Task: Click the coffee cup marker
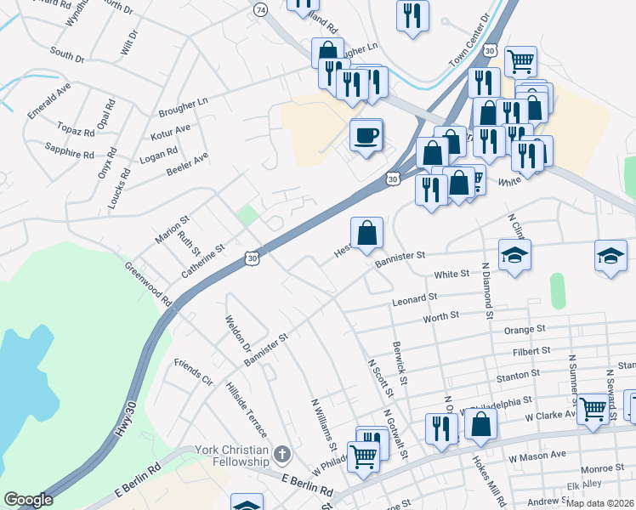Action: coord(366,136)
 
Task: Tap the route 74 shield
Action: coord(260,8)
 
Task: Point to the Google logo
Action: coord(28,500)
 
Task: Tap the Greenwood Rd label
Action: coord(148,285)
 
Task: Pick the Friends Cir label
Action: coord(193,371)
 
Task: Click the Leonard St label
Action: coord(414,299)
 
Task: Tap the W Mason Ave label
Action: coord(539,456)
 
